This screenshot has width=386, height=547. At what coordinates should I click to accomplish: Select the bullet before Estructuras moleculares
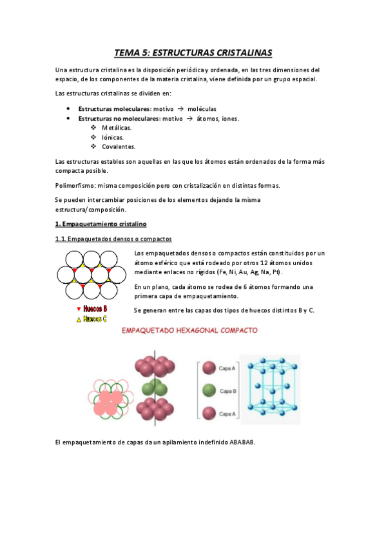[x=68, y=108]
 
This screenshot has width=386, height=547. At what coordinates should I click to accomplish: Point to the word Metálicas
[x=117, y=128]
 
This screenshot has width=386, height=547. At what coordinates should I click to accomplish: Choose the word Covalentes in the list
[x=119, y=146]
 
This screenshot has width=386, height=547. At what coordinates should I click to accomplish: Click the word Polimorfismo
[x=75, y=185]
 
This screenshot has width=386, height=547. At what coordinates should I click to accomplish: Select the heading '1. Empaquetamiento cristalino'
[x=101, y=224]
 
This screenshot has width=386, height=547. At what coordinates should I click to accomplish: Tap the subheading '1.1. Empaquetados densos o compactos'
[x=113, y=240]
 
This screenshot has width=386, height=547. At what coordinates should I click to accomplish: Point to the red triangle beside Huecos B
[x=79, y=310]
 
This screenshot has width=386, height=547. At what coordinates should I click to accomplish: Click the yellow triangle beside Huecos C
[x=79, y=319]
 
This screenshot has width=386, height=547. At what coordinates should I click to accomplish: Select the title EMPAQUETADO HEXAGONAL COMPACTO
[x=190, y=330]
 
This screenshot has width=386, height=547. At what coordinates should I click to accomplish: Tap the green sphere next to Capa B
[x=209, y=390]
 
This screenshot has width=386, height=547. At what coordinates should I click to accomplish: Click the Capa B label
[x=229, y=391]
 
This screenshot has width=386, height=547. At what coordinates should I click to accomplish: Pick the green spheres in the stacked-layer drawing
[x=151, y=389]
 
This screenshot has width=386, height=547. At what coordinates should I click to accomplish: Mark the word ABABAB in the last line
[x=242, y=442]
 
